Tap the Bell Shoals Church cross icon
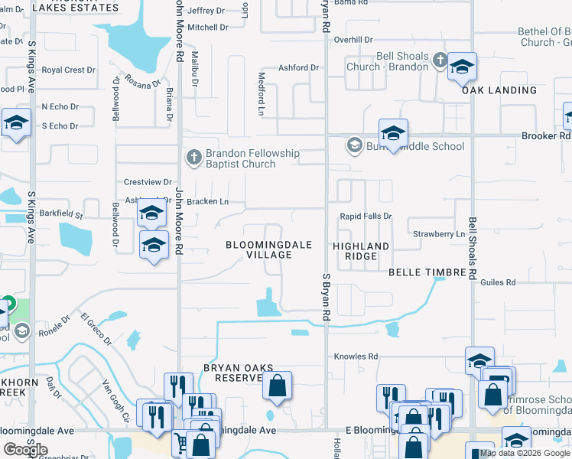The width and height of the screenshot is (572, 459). (439, 60)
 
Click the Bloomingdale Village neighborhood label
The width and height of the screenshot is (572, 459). (268, 249)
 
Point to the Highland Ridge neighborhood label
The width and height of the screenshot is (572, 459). (361, 251)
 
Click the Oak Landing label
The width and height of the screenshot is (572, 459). (499, 90)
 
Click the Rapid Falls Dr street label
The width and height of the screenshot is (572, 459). (366, 216)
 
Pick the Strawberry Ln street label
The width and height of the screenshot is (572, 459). (438, 233)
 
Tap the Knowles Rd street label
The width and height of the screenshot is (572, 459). (356, 356)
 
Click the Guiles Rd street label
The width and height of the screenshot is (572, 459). (499, 282)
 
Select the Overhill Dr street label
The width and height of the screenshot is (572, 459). (353, 39)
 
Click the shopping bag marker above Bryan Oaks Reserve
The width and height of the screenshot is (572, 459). (278, 387)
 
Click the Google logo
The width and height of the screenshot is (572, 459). (25, 450)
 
